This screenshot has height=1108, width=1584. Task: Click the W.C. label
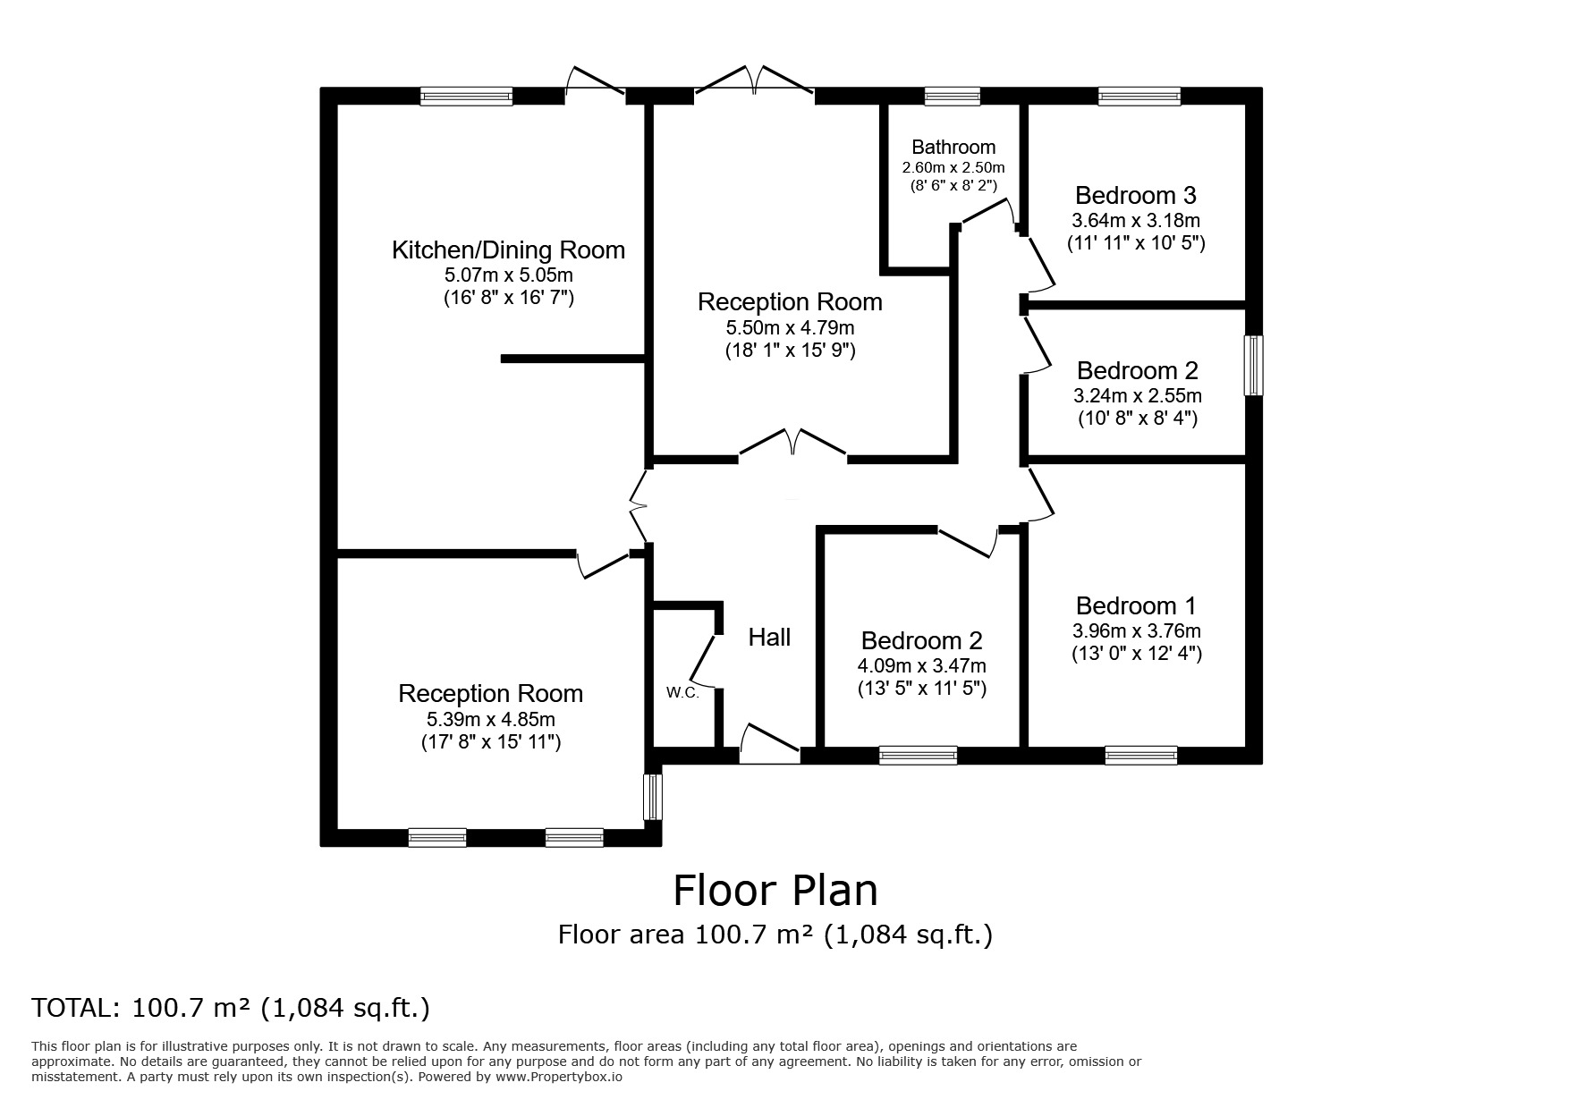[x=682, y=693]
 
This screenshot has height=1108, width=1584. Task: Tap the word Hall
[x=769, y=638]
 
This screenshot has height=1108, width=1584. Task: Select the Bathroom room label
[x=953, y=148]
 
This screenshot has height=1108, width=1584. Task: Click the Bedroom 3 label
[x=1135, y=196]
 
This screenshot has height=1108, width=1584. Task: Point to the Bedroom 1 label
[x=1136, y=606]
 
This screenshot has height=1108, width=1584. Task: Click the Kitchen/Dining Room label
[x=508, y=250]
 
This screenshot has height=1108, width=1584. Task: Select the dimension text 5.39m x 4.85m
[x=490, y=719]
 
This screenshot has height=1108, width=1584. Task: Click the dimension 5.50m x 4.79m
[x=790, y=327]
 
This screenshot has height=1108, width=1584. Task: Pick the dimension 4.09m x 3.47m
[x=921, y=665]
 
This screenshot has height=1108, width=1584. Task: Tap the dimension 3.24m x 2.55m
[x=1137, y=395]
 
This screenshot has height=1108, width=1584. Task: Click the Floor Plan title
[x=775, y=891]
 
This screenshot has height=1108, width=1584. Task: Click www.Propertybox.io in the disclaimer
[x=560, y=1078]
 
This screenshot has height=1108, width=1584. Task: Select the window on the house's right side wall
[x=1254, y=365]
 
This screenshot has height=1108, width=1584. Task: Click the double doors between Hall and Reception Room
[x=792, y=445]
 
